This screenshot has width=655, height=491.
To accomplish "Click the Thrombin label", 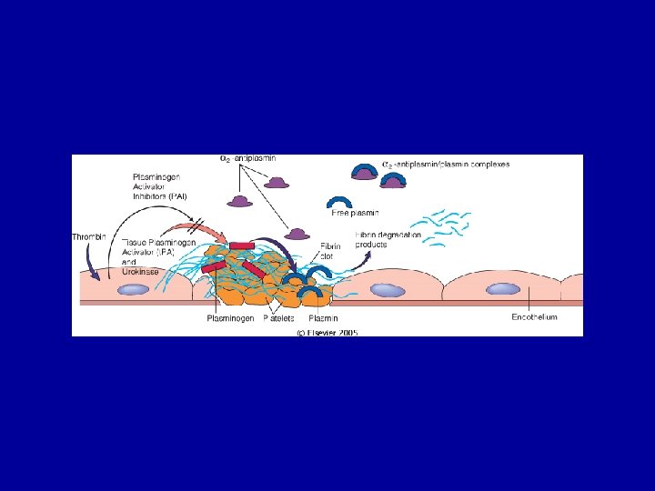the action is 89,237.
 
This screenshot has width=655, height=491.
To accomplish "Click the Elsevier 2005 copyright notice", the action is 327,333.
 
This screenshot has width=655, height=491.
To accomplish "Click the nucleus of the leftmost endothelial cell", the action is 134,289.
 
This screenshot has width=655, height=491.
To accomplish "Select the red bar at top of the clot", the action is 242,245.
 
